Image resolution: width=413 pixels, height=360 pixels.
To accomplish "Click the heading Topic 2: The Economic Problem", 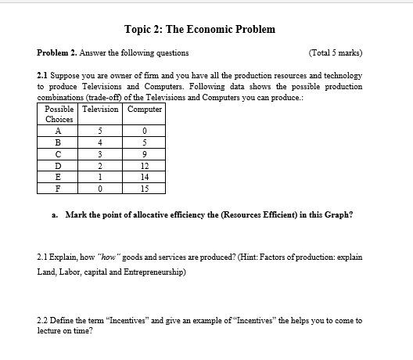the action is coord(199,30).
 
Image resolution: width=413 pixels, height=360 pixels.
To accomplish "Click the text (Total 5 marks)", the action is coord(336,52).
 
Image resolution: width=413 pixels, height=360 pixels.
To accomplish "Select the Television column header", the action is coord(100,110).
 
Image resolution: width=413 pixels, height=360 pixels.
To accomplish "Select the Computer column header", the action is coord(145,110).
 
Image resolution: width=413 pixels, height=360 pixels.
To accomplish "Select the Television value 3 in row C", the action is coord(100,154).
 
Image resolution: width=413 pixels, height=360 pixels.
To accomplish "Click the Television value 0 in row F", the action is coord(100,189).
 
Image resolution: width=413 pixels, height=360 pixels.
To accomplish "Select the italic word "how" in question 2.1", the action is coord(106,257).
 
